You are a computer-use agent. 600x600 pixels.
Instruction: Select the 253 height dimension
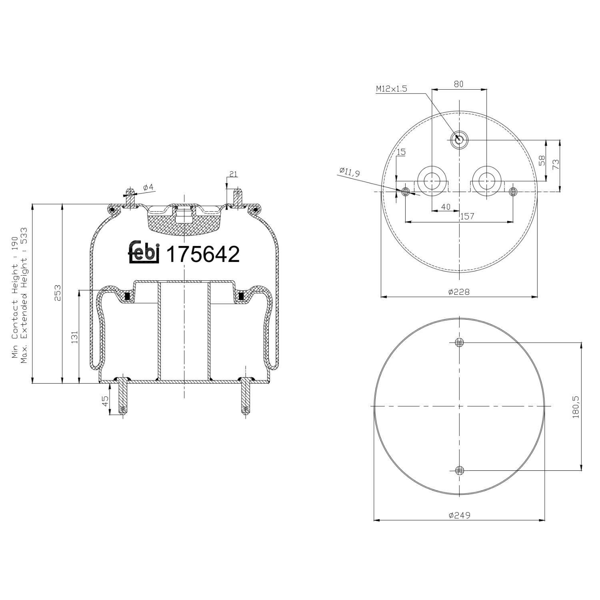click(58, 292)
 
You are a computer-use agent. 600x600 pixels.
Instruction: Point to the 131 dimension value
click(74, 337)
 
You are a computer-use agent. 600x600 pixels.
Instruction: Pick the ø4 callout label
click(148, 187)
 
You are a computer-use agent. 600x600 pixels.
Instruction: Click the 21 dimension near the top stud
click(233, 174)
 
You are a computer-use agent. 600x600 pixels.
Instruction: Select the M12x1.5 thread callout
click(391, 89)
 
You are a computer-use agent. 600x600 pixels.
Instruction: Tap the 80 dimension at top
click(458, 84)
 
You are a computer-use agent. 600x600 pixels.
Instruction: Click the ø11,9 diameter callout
click(350, 172)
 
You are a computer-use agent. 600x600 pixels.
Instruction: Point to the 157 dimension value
click(467, 216)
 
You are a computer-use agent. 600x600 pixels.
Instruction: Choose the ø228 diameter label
click(459, 292)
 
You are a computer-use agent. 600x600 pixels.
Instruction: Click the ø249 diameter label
click(459, 515)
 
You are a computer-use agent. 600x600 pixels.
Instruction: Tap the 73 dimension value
click(556, 164)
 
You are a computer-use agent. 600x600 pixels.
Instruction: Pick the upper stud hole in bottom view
click(460, 342)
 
